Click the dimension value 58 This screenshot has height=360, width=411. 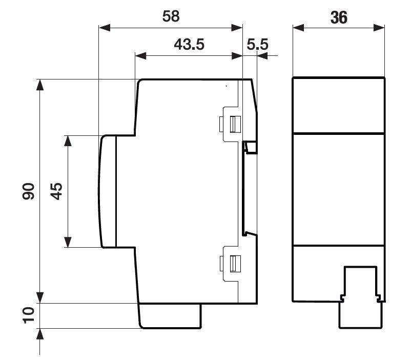171,16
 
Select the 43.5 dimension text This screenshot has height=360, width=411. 189,44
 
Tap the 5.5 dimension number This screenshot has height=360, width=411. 257,44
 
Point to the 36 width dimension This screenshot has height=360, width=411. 339,17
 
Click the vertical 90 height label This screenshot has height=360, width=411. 28,191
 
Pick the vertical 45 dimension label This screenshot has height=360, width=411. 56,191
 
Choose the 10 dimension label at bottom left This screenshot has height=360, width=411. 28,315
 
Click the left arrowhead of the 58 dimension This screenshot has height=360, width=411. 105,28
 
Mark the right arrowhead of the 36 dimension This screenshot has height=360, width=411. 379,28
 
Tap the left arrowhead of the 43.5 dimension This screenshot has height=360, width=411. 140,55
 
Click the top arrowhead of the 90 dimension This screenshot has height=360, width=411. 40,85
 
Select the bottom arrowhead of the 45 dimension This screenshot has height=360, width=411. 68,242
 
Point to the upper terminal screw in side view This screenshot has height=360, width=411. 235,125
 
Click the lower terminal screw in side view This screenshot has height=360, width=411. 235,264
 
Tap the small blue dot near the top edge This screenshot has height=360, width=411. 226,86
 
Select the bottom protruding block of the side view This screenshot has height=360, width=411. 170,316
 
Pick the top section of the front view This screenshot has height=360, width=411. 339,106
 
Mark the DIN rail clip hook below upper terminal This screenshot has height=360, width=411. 250,148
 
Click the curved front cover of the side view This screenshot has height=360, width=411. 107,192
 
